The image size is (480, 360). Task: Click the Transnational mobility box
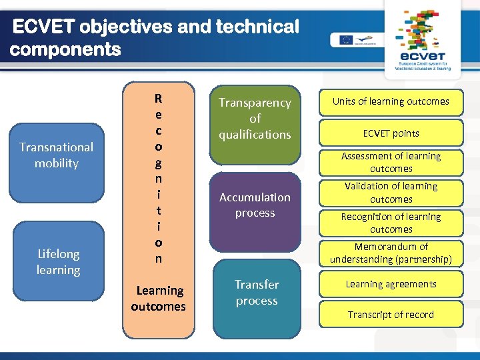click(57, 155)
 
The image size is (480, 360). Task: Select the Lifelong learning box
click(58, 262)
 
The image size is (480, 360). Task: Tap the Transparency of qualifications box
click(255, 119)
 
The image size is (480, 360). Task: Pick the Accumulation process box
click(255, 205)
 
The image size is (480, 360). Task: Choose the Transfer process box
click(256, 293)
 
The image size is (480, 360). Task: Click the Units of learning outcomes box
click(391, 101)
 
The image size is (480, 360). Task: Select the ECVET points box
click(391, 133)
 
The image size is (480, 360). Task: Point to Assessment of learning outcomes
click(391, 162)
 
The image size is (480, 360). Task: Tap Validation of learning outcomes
click(391, 193)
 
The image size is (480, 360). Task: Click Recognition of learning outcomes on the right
click(391, 223)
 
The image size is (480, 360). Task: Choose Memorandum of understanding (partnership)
click(391, 253)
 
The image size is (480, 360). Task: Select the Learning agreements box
click(391, 284)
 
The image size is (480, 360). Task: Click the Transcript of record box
click(391, 315)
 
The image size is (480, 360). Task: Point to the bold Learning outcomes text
click(159, 299)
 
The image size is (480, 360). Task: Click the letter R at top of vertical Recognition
click(158, 99)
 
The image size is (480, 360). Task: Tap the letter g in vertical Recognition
click(158, 162)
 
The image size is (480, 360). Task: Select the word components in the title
click(65, 49)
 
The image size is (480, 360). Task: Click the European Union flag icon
click(345, 39)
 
